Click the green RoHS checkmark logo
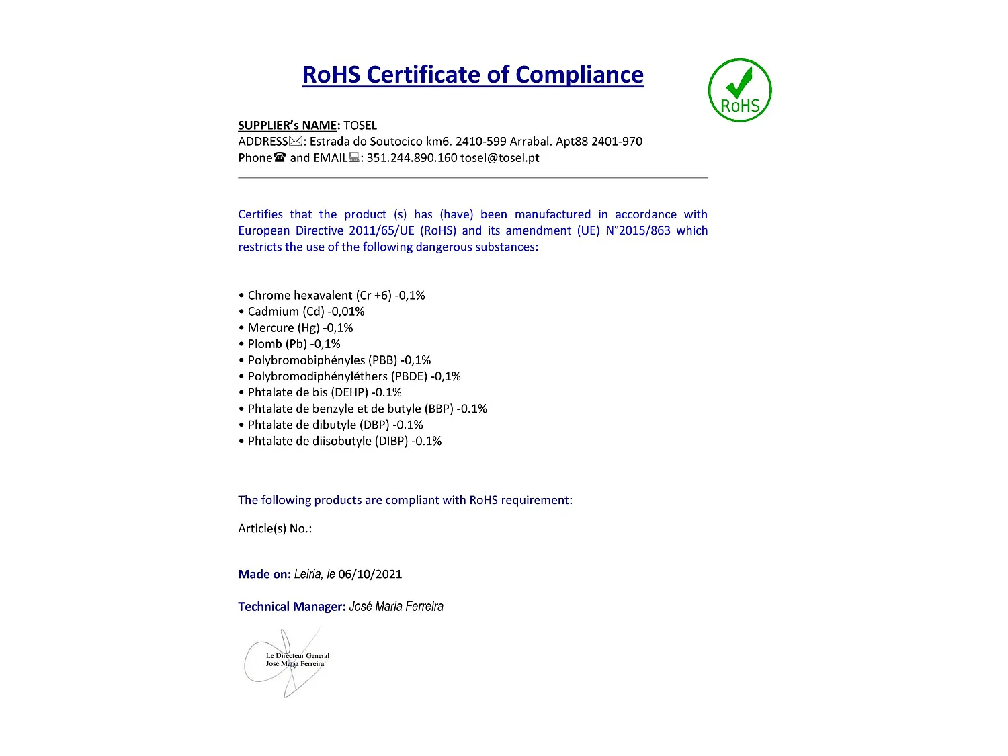pos(740,90)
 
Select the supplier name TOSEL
pos(360,126)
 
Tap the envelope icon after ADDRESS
pos(296,141)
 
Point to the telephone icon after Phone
pos(280,157)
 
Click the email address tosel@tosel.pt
pos(500,158)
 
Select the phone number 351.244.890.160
pos(411,158)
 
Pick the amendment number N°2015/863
pos(638,230)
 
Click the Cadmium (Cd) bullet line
pos(306,312)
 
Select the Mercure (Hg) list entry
pos(300,328)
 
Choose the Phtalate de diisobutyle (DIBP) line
pos(344,441)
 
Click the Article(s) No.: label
pos(275,529)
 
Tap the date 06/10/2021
pos(370,575)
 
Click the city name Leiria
pos(308,575)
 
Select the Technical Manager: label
pos(292,607)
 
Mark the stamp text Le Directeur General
pos(298,655)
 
